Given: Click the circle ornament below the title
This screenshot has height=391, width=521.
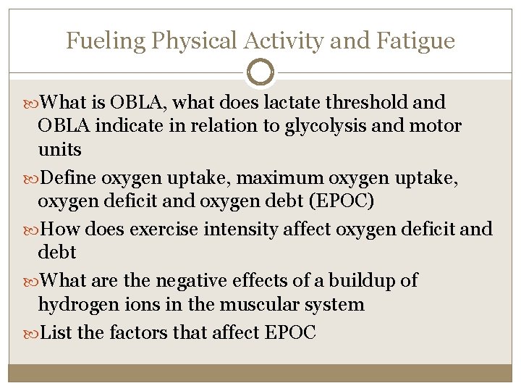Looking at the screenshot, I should click(x=260, y=72).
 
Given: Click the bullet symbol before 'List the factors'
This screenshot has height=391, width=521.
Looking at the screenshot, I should click(x=34, y=333).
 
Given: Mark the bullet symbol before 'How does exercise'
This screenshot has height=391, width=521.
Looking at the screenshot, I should click(x=34, y=230).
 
